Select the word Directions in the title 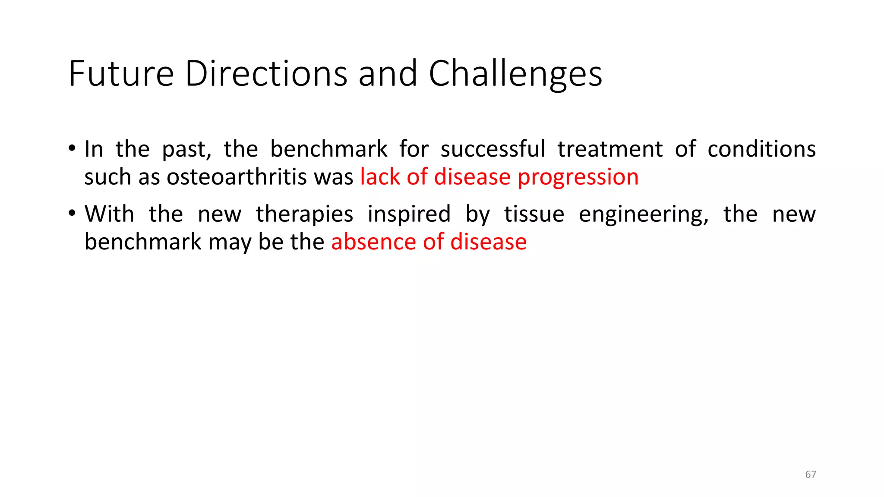click(266, 74)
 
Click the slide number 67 click(810, 475)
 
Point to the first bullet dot click(72, 149)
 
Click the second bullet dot click(72, 214)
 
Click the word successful click(493, 149)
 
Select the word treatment click(609, 149)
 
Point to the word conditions click(761, 149)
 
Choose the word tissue click(534, 214)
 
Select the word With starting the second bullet click(109, 214)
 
